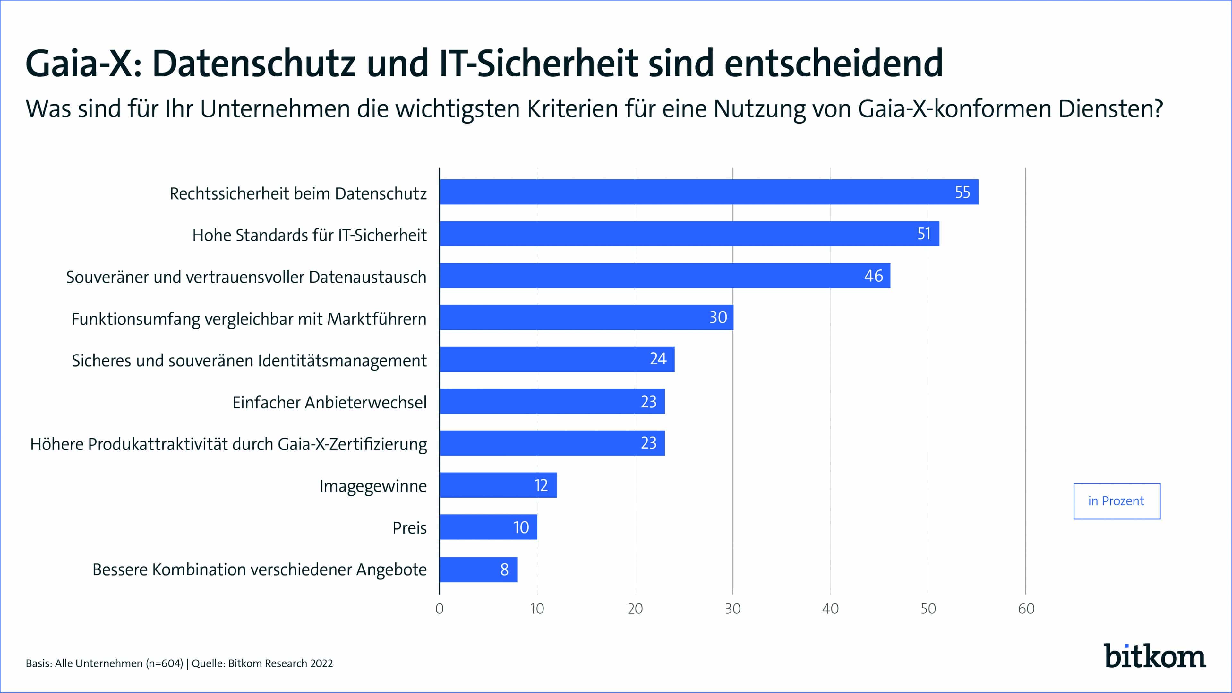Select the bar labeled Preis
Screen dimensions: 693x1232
coord(488,527)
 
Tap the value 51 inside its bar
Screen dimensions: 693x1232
coord(924,234)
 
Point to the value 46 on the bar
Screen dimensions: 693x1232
coord(873,276)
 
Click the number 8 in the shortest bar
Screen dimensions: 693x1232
coord(504,569)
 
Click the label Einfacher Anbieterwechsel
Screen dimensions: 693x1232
coord(329,402)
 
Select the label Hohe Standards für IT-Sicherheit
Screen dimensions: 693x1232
coord(309,235)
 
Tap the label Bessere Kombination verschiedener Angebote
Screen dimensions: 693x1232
coord(259,569)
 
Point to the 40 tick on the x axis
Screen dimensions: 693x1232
coord(830,609)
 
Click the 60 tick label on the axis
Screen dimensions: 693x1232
coord(1026,609)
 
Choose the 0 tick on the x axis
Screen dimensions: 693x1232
coord(440,609)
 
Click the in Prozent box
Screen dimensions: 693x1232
coord(1116,501)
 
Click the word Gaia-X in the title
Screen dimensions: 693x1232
coord(84,64)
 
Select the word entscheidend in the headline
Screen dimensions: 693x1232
coord(833,64)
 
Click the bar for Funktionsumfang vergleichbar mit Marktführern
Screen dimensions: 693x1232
coord(586,318)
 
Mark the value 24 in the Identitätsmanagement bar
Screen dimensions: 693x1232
coord(658,359)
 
